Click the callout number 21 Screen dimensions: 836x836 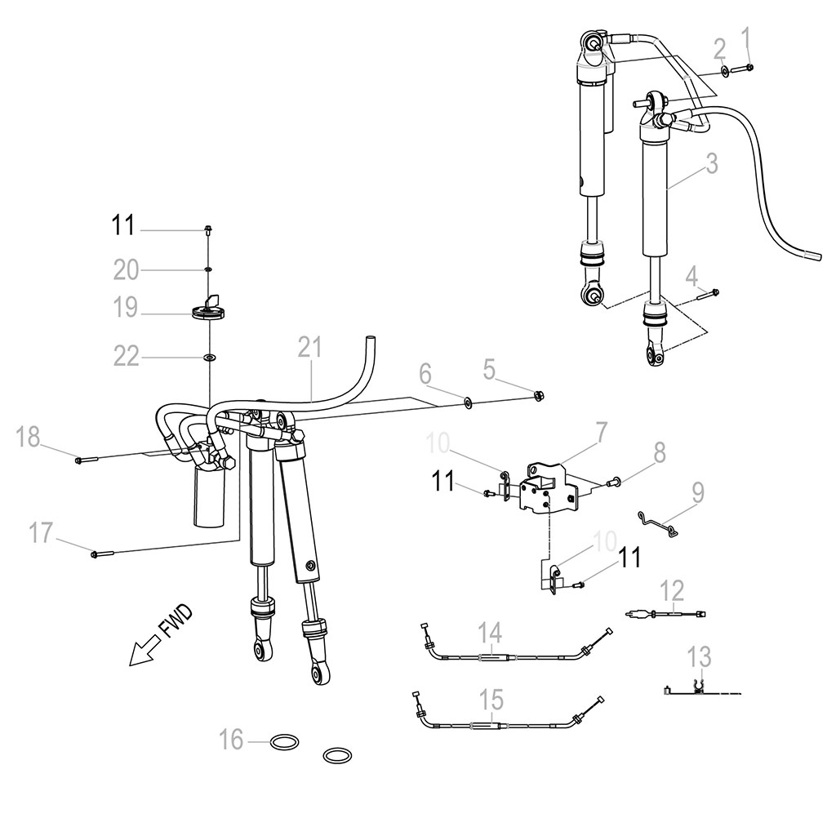pos(310,348)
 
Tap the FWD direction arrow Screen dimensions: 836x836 pos(147,649)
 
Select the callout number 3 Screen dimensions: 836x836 pos(712,163)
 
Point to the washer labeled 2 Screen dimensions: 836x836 pos(725,72)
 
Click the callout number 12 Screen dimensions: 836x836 pos(673,589)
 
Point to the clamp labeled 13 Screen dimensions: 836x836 pos(698,688)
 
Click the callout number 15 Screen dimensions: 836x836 pos(491,700)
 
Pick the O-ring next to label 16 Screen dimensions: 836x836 pos(284,741)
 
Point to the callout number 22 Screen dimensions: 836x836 pos(127,357)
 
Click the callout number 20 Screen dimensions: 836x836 pos(127,269)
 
